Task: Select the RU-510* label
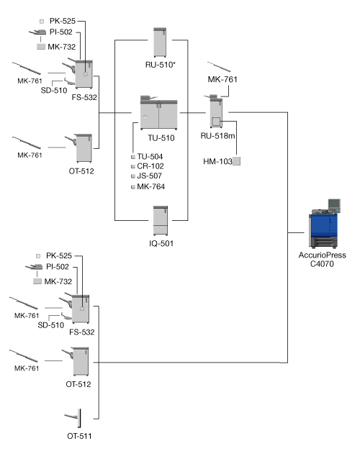tap(161, 65)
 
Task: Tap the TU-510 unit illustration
tap(159, 113)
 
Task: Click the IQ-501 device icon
tap(161, 221)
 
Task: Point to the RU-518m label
tap(217, 135)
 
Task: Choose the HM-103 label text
tap(217, 161)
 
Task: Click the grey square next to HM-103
tap(237, 161)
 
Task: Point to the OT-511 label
tap(79, 436)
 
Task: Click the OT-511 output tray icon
tap(73, 418)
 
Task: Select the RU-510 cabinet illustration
tap(160, 42)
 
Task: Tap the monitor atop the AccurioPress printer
tap(334, 205)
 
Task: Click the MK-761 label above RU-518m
tap(222, 79)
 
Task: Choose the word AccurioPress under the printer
tap(323, 255)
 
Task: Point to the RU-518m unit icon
tap(216, 112)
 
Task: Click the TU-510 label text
tap(161, 138)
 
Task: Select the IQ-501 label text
tap(161, 243)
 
